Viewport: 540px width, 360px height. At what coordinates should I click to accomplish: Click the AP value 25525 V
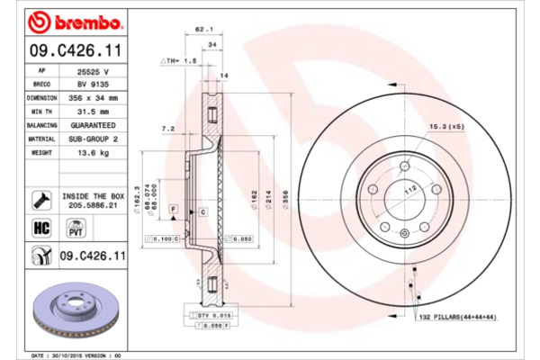93,69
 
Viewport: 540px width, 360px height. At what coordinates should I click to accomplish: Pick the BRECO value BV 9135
93,83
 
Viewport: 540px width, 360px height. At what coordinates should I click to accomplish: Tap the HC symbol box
40,228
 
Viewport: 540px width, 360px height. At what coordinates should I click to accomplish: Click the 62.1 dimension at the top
203,29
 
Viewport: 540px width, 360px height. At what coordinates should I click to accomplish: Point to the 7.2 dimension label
167,129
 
